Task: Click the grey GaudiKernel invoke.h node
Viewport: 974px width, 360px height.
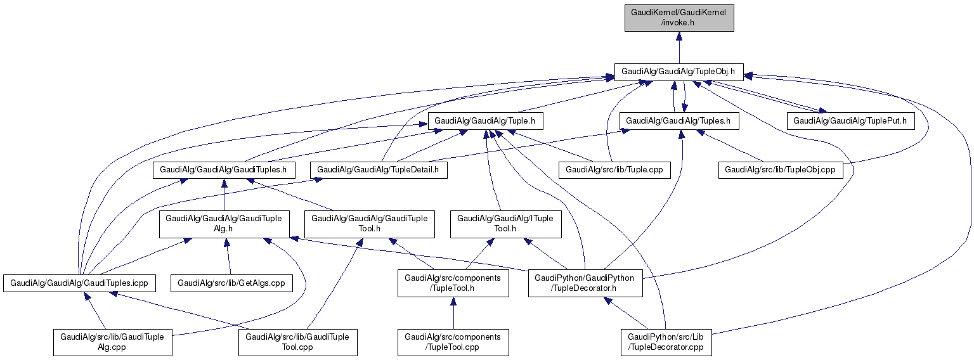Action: pyautogui.click(x=679, y=17)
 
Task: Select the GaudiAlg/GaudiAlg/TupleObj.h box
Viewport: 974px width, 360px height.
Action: pyautogui.click(x=679, y=72)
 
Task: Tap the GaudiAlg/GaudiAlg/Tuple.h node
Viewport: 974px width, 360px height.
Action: pyautogui.click(x=486, y=120)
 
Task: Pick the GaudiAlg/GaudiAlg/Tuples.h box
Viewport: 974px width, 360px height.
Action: pyautogui.click(x=679, y=120)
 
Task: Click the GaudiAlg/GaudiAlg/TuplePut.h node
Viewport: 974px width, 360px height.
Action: pyautogui.click(x=850, y=120)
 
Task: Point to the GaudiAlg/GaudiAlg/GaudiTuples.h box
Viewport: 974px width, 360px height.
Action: pyautogui.click(x=224, y=169)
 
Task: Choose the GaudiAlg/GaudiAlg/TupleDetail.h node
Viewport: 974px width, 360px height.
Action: pyautogui.click(x=379, y=169)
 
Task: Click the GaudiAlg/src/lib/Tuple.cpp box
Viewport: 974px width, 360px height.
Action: pyautogui.click(x=614, y=169)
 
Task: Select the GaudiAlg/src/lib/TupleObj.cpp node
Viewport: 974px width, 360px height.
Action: pyautogui.click(x=781, y=169)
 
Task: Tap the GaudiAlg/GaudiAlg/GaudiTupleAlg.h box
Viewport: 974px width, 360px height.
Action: pyautogui.click(x=224, y=224)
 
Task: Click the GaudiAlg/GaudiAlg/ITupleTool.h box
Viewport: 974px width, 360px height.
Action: pyautogui.click(x=505, y=224)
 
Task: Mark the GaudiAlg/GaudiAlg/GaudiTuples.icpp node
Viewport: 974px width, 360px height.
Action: pyautogui.click(x=79, y=283)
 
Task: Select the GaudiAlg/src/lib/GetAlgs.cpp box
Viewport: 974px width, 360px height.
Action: pyautogui.click(x=231, y=283)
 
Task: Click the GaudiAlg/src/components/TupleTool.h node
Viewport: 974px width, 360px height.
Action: pyautogui.click(x=453, y=283)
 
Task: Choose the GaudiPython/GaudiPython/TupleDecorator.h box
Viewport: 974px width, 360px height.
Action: pyautogui.click(x=585, y=283)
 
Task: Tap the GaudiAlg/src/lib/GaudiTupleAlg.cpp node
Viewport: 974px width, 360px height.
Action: pyautogui.click(x=112, y=342)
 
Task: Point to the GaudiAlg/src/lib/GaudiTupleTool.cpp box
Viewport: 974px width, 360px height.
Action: pyautogui.click(x=297, y=342)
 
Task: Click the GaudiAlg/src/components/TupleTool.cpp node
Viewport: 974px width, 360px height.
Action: pyautogui.click(x=453, y=342)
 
